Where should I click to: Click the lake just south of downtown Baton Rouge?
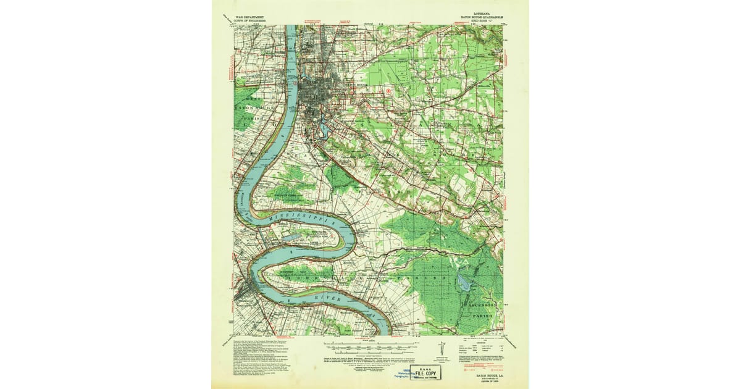(321, 130)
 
